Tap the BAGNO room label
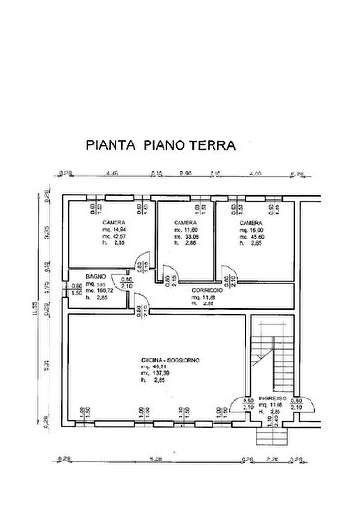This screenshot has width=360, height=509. click(x=94, y=277)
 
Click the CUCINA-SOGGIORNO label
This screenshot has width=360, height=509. click(x=168, y=359)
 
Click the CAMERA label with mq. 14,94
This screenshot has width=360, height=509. click(x=115, y=222)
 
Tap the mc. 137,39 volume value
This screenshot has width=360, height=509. click(x=155, y=373)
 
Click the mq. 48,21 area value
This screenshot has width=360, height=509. click(x=155, y=366)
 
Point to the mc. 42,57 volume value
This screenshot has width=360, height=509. click(x=117, y=238)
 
